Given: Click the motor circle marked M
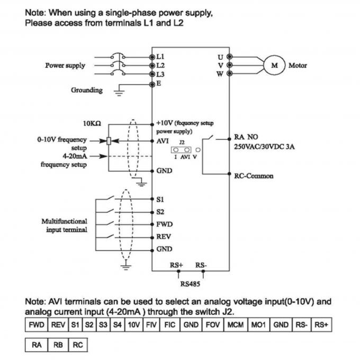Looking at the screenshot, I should point(274,65).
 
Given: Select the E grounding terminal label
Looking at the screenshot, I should point(159,84).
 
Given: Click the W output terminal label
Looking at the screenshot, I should point(220,74).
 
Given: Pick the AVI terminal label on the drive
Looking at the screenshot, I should point(163,141).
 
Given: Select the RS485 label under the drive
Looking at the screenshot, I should point(189,283).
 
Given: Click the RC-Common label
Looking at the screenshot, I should point(254,176).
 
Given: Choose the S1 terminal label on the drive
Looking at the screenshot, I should point(161,200).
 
